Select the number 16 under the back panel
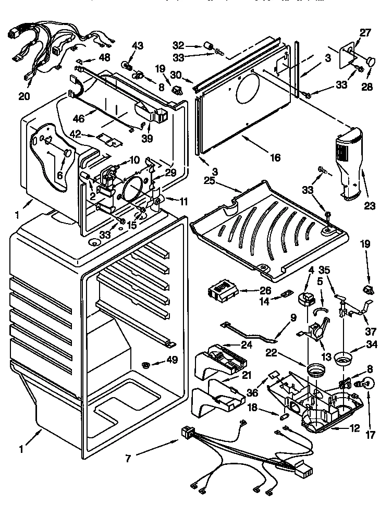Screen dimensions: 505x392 pyautogui.click(x=275, y=157)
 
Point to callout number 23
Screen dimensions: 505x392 pyautogui.click(x=370, y=206)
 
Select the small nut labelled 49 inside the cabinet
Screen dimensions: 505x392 pyautogui.click(x=148, y=363)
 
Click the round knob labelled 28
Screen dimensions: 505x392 pyautogui.click(x=371, y=63)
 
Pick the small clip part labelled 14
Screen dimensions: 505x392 pyautogui.click(x=285, y=295)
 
